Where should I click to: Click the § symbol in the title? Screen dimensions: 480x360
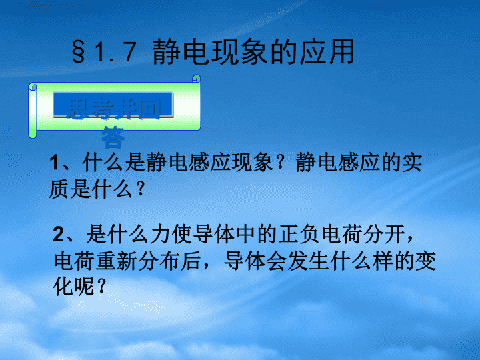click(78, 52)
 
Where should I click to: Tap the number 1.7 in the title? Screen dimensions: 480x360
click(115, 52)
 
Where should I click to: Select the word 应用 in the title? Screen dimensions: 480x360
click(326, 51)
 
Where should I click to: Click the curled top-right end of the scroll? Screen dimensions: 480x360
click(197, 79)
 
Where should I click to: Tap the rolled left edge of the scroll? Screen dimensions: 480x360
click(33, 111)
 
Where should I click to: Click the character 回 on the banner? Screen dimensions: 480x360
click(149, 109)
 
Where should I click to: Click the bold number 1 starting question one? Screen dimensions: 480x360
click(54, 162)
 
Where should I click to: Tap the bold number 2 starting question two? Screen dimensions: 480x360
click(58, 234)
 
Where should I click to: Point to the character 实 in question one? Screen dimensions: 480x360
click(413, 161)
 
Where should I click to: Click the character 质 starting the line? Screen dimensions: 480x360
click(59, 189)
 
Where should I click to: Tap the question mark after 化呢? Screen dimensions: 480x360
click(101, 286)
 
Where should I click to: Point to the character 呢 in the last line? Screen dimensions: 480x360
click(84, 286)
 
